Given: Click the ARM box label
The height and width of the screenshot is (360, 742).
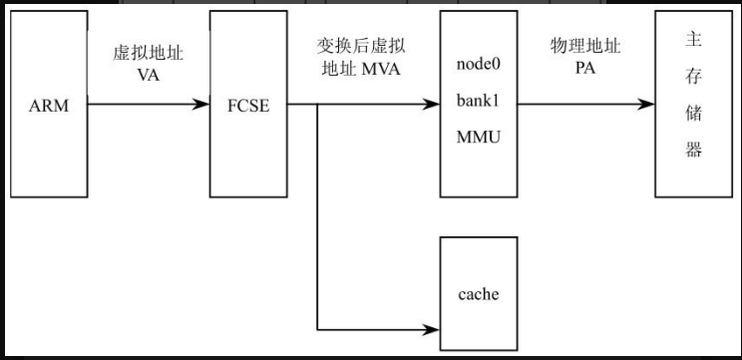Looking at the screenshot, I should point(49,106).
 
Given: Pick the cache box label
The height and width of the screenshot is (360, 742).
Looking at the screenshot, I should point(478,294).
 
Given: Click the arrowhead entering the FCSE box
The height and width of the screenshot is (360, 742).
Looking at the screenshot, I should point(203,103).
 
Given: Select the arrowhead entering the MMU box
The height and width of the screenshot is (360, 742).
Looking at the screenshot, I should point(434,103).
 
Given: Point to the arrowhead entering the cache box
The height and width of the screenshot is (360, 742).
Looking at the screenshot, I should point(434,328).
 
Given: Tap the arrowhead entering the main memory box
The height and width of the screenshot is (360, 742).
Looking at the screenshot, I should point(649,103).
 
